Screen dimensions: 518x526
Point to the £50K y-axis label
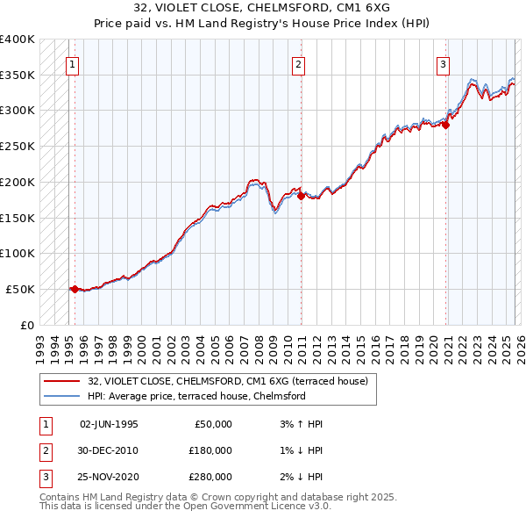[19, 289]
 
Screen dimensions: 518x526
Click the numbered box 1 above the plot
[71, 63]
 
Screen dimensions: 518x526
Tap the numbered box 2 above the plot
[298, 63]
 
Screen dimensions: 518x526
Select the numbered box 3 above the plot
[443, 63]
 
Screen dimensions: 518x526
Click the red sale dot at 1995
[75, 288]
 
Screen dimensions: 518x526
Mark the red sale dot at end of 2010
[301, 196]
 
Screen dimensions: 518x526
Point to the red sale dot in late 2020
[445, 125]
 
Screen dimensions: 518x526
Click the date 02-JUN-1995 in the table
[109, 423]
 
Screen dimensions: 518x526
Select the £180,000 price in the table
[210, 450]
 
